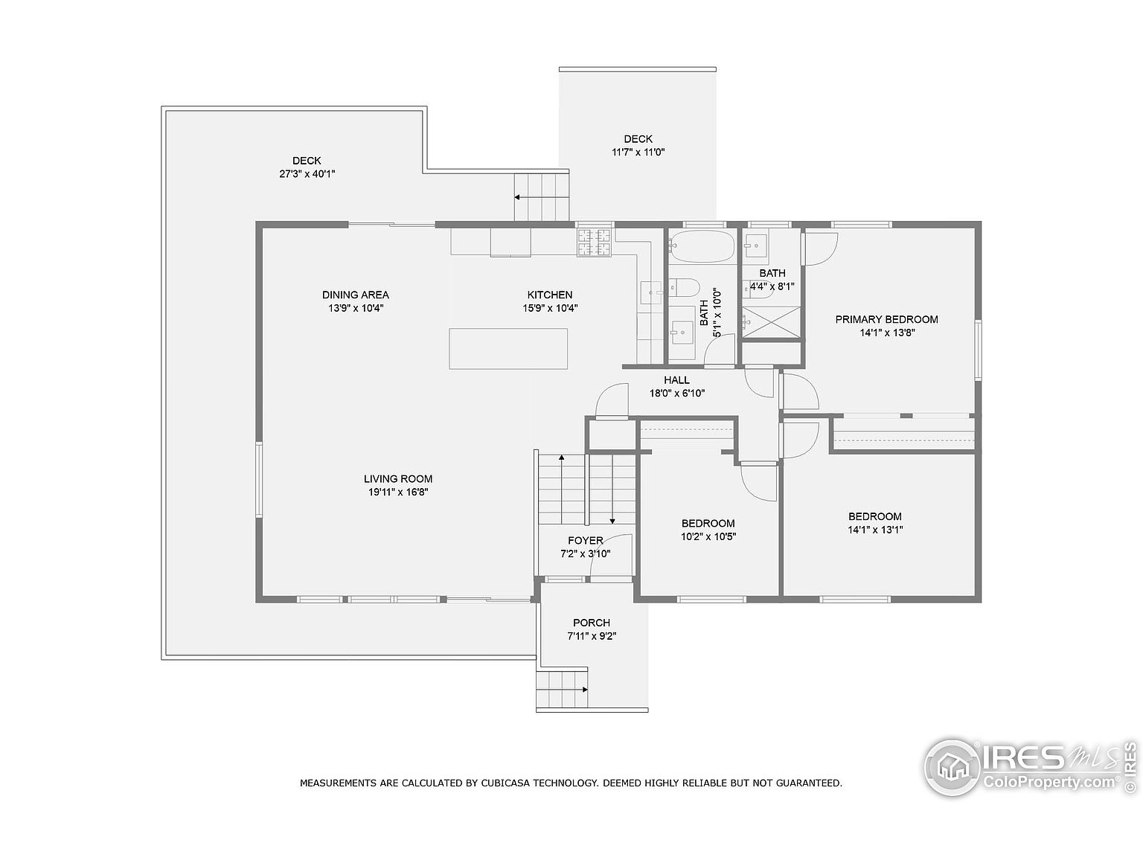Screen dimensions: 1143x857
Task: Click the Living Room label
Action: tap(398, 478)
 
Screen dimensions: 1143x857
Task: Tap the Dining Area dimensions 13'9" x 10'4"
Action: tap(356, 308)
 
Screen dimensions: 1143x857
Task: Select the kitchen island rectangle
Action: tap(508, 349)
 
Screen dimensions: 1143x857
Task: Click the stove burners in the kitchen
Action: tap(594, 243)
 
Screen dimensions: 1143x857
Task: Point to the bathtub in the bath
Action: tap(702, 246)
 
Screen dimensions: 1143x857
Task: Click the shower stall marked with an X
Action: tap(771, 322)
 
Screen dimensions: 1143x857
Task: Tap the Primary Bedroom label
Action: tap(886, 319)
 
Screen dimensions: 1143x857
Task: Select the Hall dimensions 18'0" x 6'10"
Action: tap(677, 394)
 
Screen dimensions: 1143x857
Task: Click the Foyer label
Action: tap(586, 541)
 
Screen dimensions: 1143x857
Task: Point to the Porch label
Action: tap(592, 623)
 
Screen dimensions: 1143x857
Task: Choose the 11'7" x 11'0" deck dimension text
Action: tap(638, 153)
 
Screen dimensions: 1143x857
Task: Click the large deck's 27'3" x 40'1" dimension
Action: tap(307, 174)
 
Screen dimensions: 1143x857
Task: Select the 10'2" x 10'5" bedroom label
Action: tap(708, 536)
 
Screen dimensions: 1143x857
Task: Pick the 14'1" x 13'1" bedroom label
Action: tap(875, 530)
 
